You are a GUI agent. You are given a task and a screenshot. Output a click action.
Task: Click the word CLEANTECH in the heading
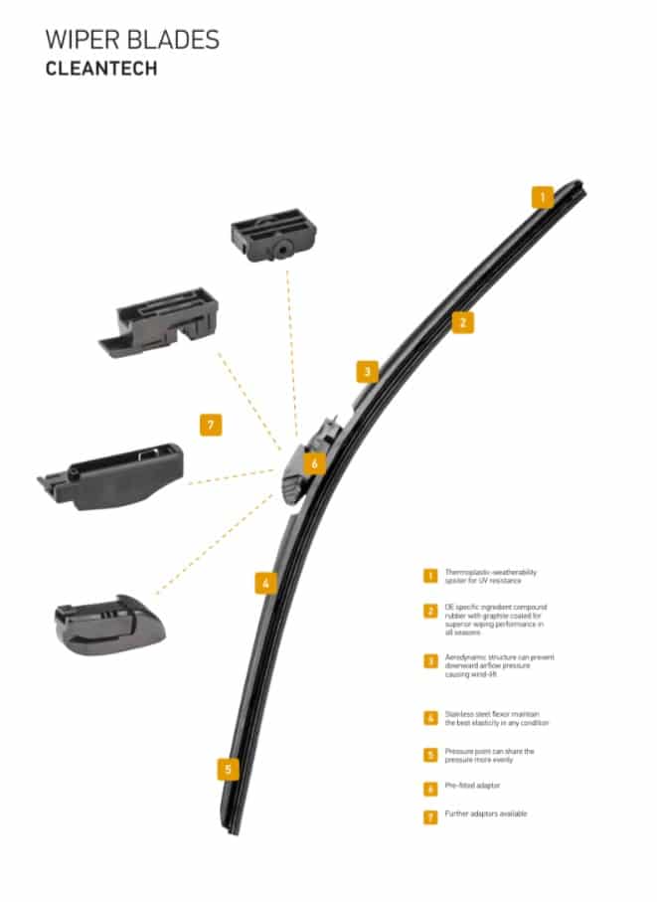tap(101, 70)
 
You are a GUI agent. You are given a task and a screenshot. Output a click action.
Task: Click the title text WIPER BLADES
tap(132, 40)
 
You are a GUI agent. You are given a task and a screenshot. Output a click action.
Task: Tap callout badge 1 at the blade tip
tap(542, 197)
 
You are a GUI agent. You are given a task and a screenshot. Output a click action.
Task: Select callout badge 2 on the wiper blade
tap(461, 321)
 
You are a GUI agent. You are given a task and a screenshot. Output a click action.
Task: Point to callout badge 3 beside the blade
tap(367, 372)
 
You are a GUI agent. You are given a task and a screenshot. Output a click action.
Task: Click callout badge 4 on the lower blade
tap(264, 583)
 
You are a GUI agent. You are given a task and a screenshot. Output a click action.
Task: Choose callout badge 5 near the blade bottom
tap(229, 769)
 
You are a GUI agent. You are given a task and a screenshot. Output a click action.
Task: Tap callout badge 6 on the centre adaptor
tap(314, 463)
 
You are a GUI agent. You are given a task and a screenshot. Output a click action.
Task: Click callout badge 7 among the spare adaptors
tap(209, 425)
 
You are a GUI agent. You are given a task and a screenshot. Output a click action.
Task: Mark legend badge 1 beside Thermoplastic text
tap(430, 575)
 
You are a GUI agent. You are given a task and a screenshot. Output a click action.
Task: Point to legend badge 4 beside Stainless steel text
tap(430, 717)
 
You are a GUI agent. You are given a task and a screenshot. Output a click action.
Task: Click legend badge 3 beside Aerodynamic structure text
tap(430, 660)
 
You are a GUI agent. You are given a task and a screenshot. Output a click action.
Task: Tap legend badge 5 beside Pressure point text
tap(430, 755)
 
